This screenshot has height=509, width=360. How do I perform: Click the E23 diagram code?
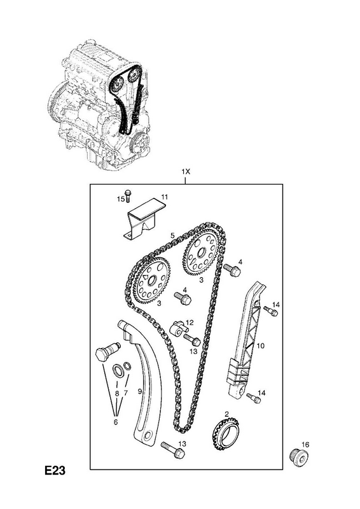(x=55, y=470)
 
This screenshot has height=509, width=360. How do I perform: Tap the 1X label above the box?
(x=185, y=172)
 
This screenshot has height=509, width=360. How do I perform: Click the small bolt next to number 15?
(x=128, y=195)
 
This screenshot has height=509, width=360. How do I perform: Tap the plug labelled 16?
(x=299, y=458)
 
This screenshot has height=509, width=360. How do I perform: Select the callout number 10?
(x=260, y=346)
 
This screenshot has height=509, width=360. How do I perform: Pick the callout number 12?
(x=190, y=323)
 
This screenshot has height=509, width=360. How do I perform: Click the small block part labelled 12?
(x=177, y=328)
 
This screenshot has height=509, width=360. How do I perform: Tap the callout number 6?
(x=116, y=422)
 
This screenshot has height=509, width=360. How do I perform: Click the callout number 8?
(x=117, y=393)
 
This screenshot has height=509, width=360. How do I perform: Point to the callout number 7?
(x=125, y=393)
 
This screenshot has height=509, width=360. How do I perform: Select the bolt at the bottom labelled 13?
(x=173, y=450)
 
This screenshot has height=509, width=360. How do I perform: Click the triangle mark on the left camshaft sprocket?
(x=145, y=277)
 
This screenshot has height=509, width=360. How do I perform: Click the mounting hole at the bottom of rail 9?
(x=149, y=435)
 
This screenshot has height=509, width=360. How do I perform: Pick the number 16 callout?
(x=305, y=444)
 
